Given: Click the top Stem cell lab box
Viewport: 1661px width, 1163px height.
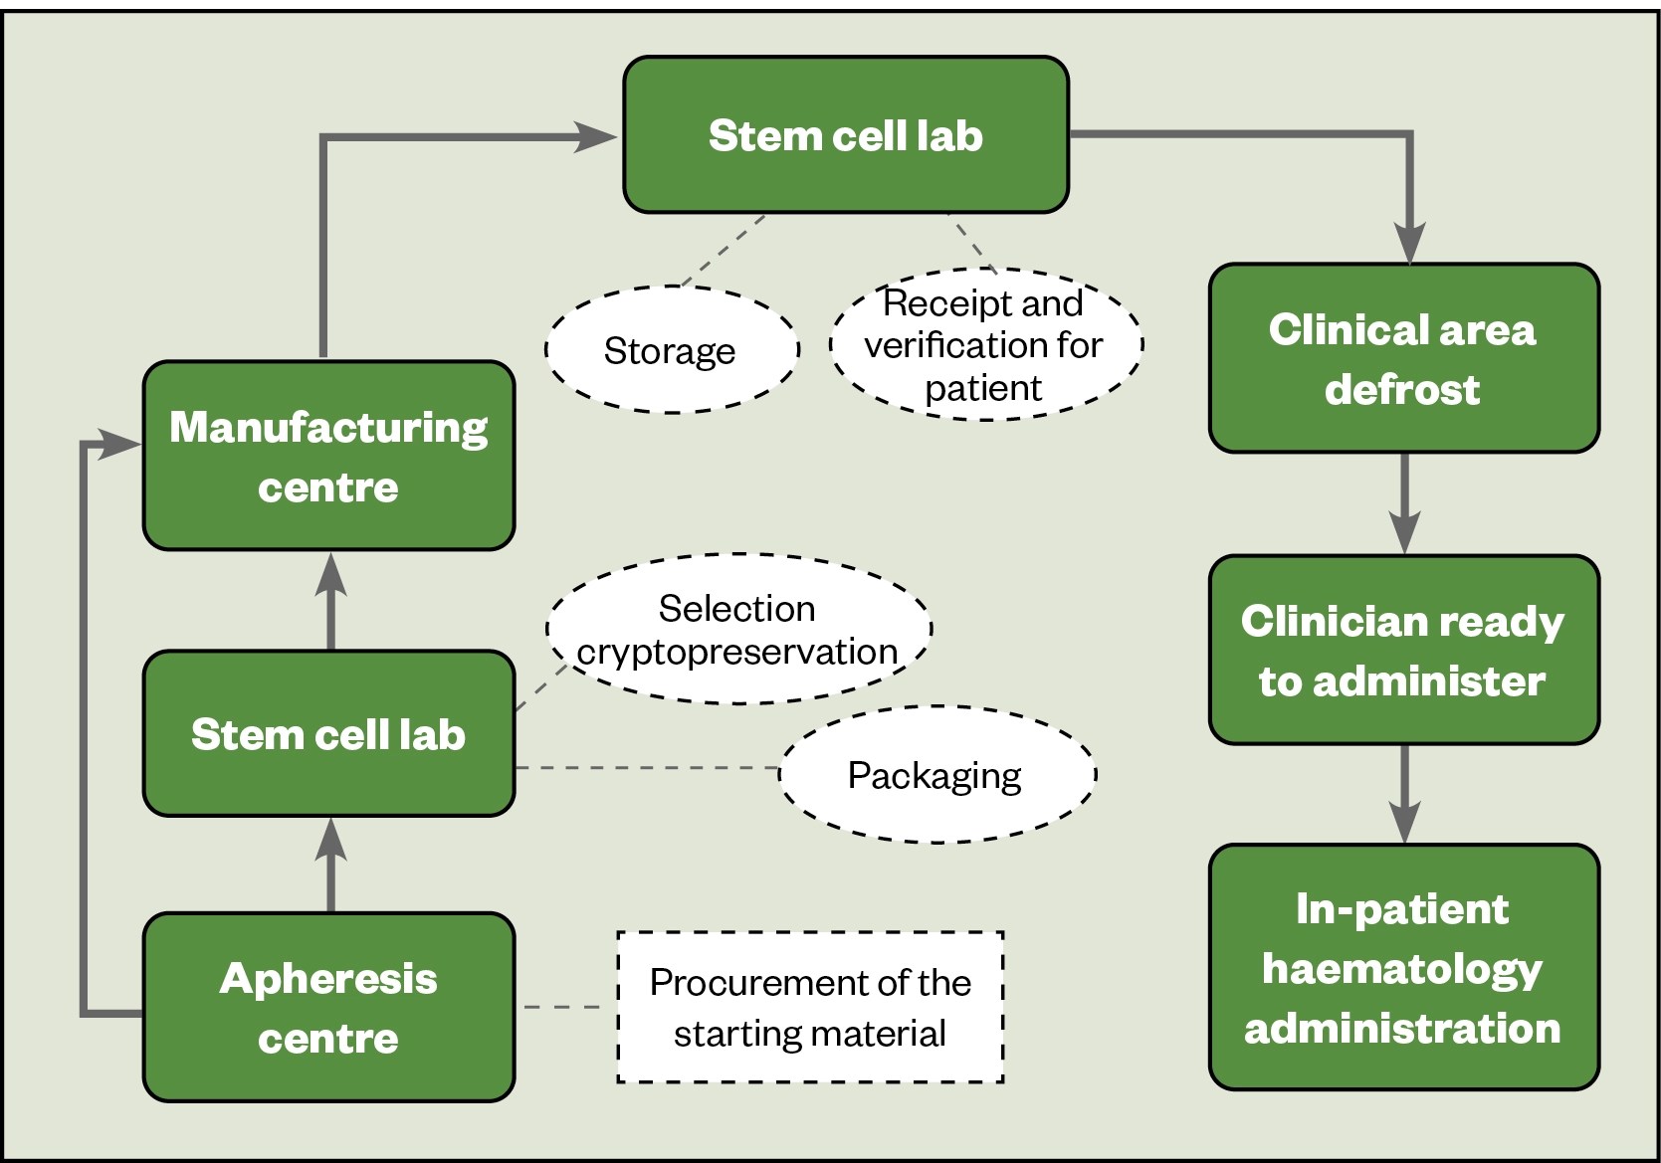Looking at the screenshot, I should coord(846,135).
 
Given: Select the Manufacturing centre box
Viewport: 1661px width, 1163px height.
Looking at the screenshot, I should coord(328,456).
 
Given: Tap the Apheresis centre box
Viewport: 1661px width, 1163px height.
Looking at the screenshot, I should coord(328,1007).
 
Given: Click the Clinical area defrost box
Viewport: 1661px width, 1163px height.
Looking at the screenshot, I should coord(1403,358).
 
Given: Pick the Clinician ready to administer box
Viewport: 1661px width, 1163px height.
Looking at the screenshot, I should coord(1403,650).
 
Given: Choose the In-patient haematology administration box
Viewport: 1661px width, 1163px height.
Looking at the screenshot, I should coord(1403,967).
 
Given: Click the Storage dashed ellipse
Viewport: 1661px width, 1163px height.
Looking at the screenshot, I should coord(671,350).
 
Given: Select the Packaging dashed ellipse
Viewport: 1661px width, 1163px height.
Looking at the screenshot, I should coord(935,775).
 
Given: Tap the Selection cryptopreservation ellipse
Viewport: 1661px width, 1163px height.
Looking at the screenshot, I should coord(737,629).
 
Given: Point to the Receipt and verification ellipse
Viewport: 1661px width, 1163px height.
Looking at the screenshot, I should coord(984,344).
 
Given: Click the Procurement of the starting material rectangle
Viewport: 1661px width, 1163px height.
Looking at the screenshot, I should coord(810,1007).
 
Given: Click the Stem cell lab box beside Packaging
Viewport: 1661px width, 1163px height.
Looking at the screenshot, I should coord(328,734).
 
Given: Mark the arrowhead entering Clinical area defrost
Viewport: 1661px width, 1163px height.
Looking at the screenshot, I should coord(1409,243).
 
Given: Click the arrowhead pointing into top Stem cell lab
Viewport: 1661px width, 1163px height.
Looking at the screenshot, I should coord(596,137).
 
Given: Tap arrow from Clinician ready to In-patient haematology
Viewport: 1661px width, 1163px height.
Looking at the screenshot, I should coord(1404,794).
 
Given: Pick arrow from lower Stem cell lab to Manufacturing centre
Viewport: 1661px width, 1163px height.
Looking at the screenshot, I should coord(330,601).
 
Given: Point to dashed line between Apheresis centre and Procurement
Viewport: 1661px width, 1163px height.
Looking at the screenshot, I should coord(563,1007).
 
